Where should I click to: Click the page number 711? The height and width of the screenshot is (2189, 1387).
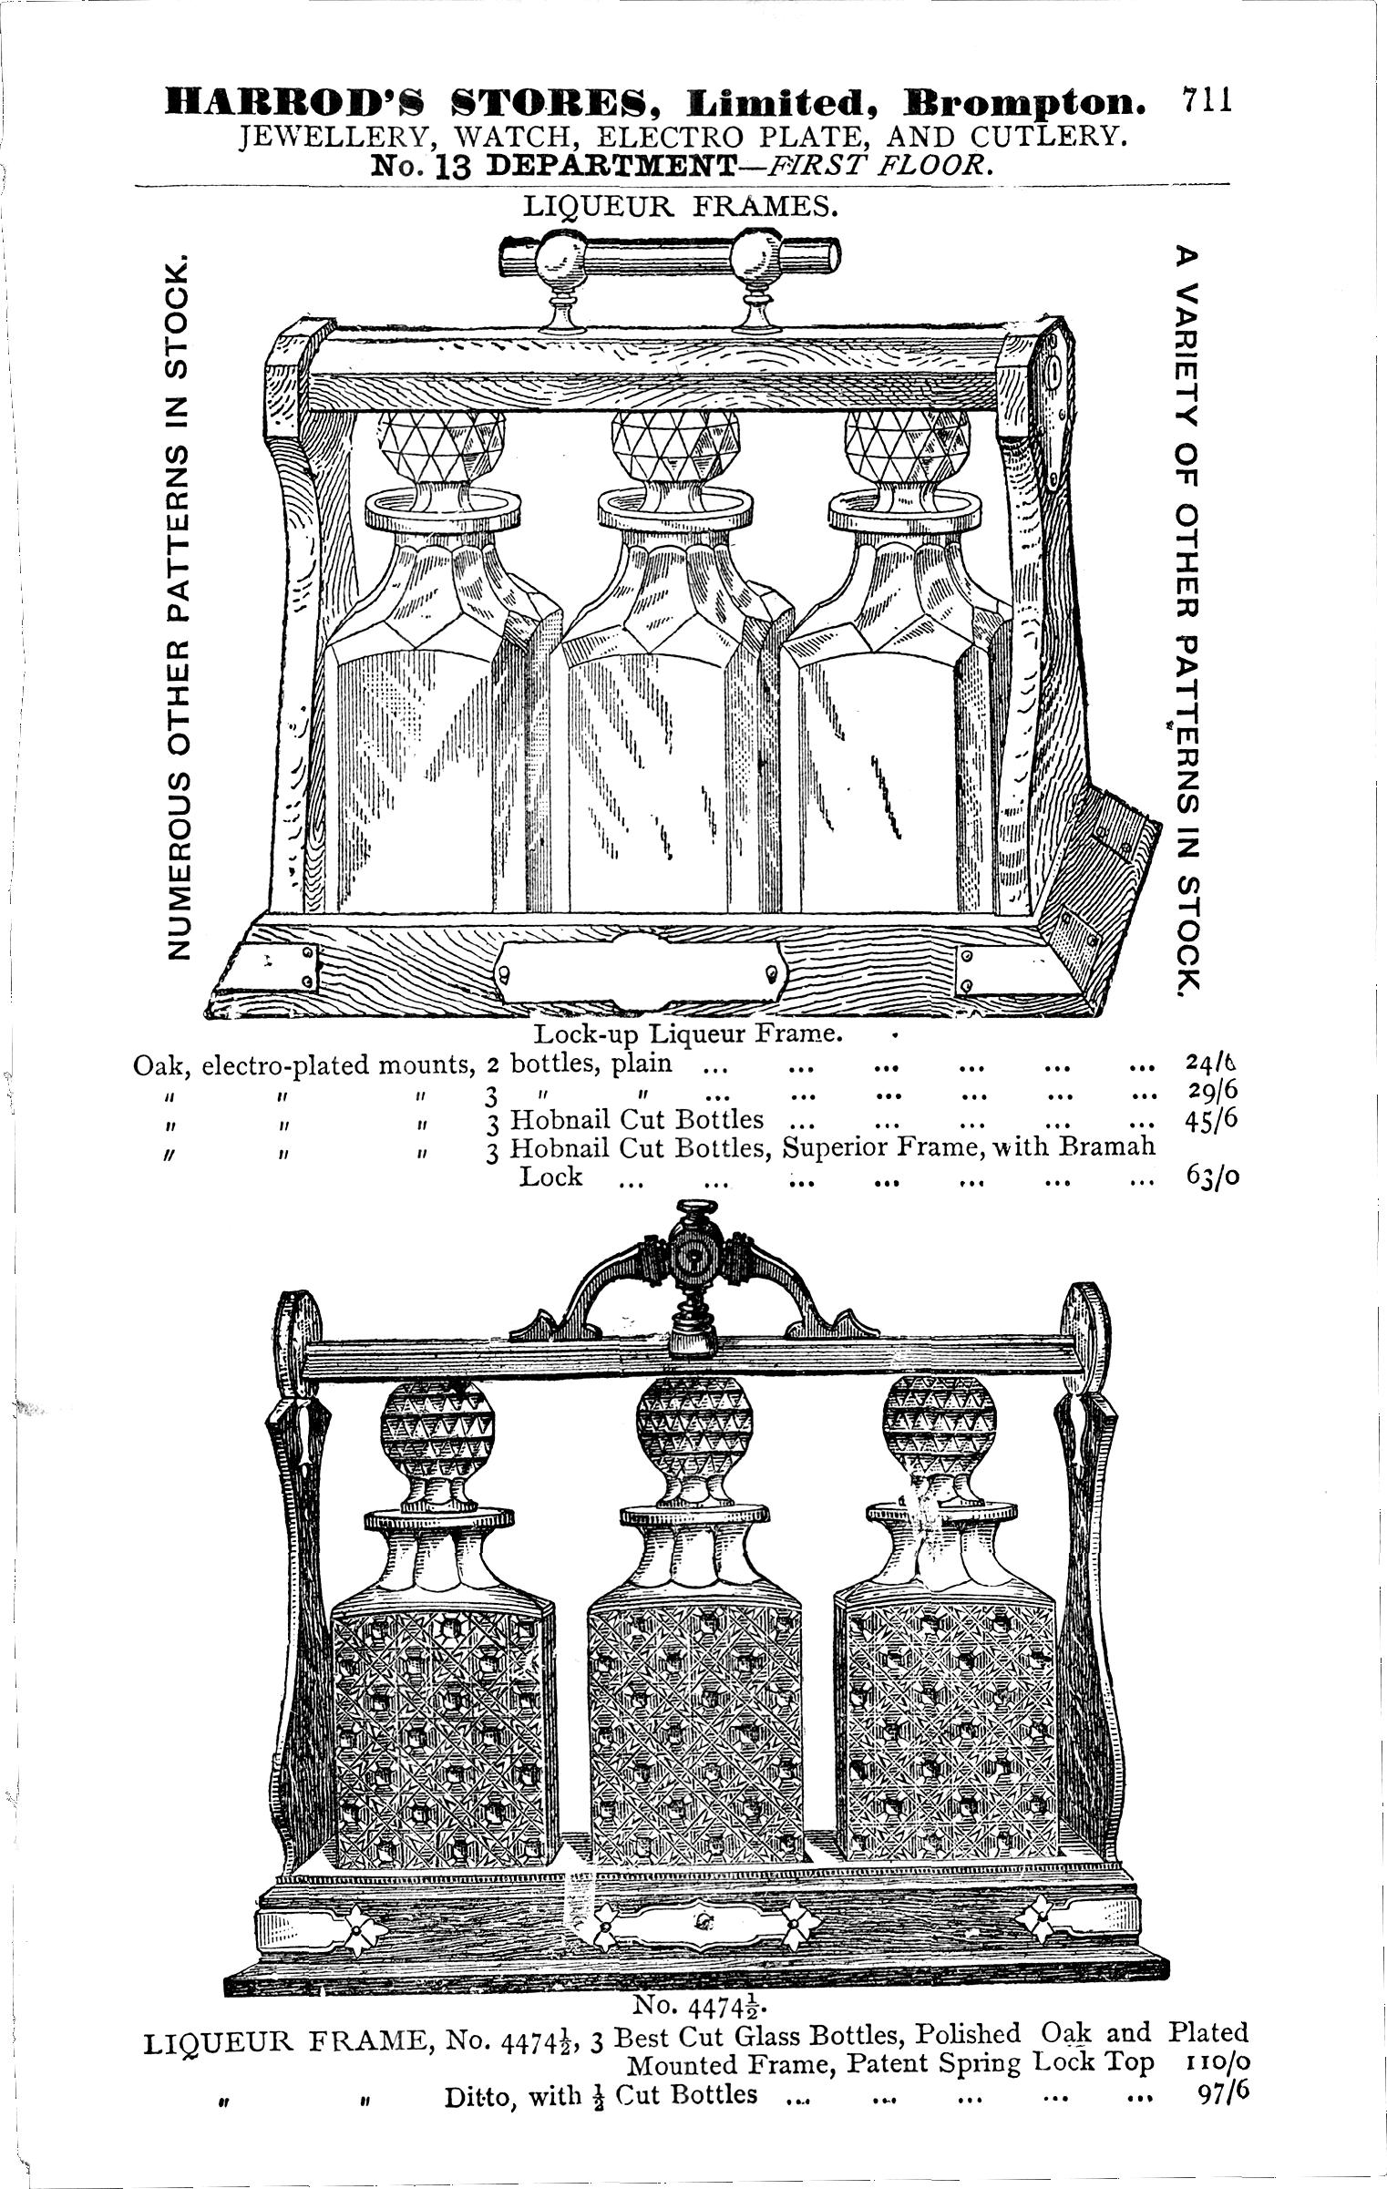[1207, 99]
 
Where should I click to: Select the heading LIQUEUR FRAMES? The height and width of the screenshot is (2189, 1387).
[680, 207]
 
